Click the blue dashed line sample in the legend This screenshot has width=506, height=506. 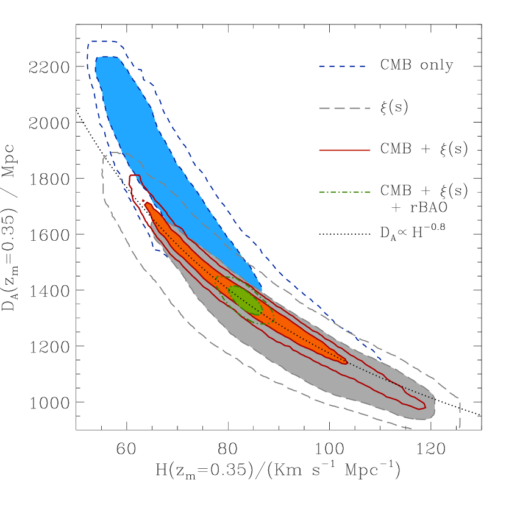click(x=341, y=66)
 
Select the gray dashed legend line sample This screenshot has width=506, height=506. click(x=344, y=108)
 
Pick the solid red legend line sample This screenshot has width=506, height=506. click(x=344, y=150)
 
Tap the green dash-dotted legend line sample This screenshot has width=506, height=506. click(x=344, y=192)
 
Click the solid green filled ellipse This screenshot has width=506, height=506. click(x=246, y=300)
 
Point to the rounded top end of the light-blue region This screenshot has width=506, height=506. click(x=107, y=58)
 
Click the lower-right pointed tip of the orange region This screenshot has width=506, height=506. click(x=346, y=363)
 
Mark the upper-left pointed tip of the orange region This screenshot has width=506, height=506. click(x=146, y=204)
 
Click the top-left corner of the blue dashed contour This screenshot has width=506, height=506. click(x=90, y=41)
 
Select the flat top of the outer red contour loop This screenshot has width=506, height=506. click(x=134, y=176)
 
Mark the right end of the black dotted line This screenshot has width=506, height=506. click(x=433, y=398)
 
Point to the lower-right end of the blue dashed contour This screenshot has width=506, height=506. click(x=382, y=360)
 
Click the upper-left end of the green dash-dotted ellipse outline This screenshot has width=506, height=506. click(x=218, y=279)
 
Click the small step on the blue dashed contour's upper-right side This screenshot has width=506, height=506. click(x=141, y=71)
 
